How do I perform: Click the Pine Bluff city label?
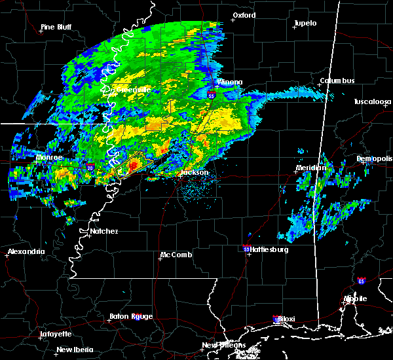point(56,27)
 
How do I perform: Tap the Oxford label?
point(244,15)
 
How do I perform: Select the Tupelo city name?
point(305,23)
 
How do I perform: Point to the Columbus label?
point(337,81)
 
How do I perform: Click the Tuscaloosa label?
point(372,101)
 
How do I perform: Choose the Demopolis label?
point(373,158)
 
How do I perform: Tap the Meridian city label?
point(310,168)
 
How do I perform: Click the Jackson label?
point(194,173)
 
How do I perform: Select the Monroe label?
point(49,158)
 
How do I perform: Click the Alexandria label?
point(26,251)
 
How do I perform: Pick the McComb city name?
point(177,255)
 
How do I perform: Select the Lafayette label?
point(56,334)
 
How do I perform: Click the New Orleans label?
point(223,345)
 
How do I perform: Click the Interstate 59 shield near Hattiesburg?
point(246,249)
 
